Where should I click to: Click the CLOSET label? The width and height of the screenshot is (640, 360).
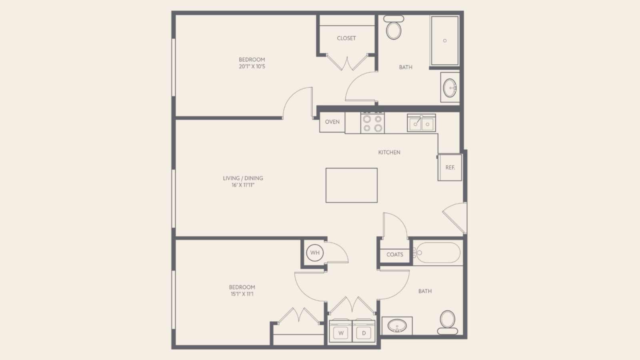pos(346,38)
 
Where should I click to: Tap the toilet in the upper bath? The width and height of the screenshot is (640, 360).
pos(394,28)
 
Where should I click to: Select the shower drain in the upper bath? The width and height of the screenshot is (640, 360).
pos(445,40)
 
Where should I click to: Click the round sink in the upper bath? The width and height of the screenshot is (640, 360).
pos(450,88)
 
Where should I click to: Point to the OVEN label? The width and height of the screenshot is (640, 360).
pos(332,122)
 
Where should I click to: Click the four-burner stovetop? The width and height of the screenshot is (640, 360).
pos(372,123)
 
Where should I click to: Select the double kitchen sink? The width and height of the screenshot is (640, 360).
pos(422,123)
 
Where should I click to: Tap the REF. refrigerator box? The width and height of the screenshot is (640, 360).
pos(450,168)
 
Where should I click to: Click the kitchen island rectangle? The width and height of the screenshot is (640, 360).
pos(352,185)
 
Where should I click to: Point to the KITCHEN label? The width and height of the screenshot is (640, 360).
pos(389,152)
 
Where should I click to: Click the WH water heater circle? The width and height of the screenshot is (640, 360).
pos(315,252)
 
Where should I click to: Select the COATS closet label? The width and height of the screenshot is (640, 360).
pos(395,254)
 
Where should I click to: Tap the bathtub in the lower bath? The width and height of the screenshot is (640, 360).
pos(437,252)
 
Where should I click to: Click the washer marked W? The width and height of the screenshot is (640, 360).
pos(340,330)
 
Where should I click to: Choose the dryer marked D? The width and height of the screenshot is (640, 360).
pos(364,330)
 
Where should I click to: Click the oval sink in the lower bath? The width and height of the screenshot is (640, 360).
pos(397,326)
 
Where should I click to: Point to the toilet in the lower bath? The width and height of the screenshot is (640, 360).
pos(448,322)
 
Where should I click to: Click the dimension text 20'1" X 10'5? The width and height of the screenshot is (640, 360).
pos(252,66)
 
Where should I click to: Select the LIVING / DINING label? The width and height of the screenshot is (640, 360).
pos(243,178)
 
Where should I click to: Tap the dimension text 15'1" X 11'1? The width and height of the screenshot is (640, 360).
pos(242,294)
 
